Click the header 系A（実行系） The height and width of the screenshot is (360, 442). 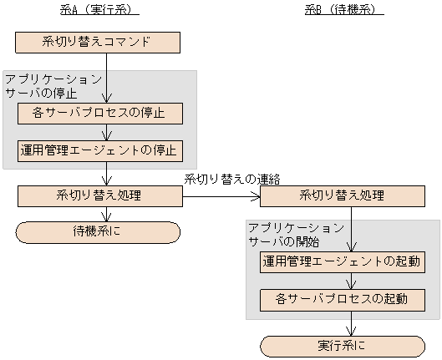click(99, 11)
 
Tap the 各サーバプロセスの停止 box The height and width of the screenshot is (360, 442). click(100, 113)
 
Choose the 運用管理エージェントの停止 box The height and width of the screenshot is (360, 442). click(100, 151)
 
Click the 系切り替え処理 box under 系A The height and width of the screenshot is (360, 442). click(100, 196)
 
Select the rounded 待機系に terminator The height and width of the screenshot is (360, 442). click(99, 231)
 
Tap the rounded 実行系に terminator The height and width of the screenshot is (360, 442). click(343, 346)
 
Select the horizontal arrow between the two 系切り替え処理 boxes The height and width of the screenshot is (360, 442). click(221, 197)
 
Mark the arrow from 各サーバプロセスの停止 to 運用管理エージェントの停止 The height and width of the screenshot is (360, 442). click(107, 132)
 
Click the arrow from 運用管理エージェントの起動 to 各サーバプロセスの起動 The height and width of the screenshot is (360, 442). click(351, 281)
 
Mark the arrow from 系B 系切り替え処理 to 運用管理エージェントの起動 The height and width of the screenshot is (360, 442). click(351, 228)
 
